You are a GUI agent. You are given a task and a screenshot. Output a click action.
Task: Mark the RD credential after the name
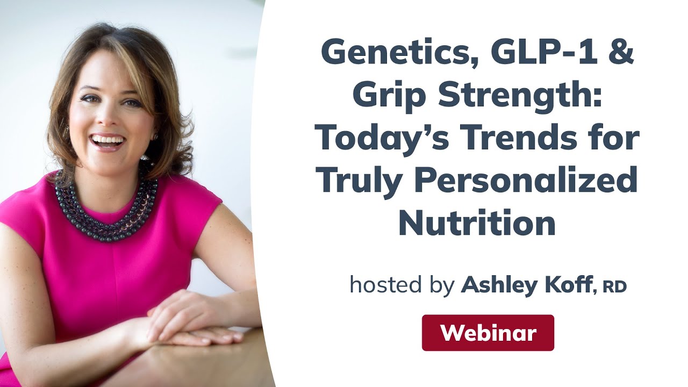[614, 286]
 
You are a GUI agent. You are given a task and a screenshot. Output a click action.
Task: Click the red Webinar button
[488, 333]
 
